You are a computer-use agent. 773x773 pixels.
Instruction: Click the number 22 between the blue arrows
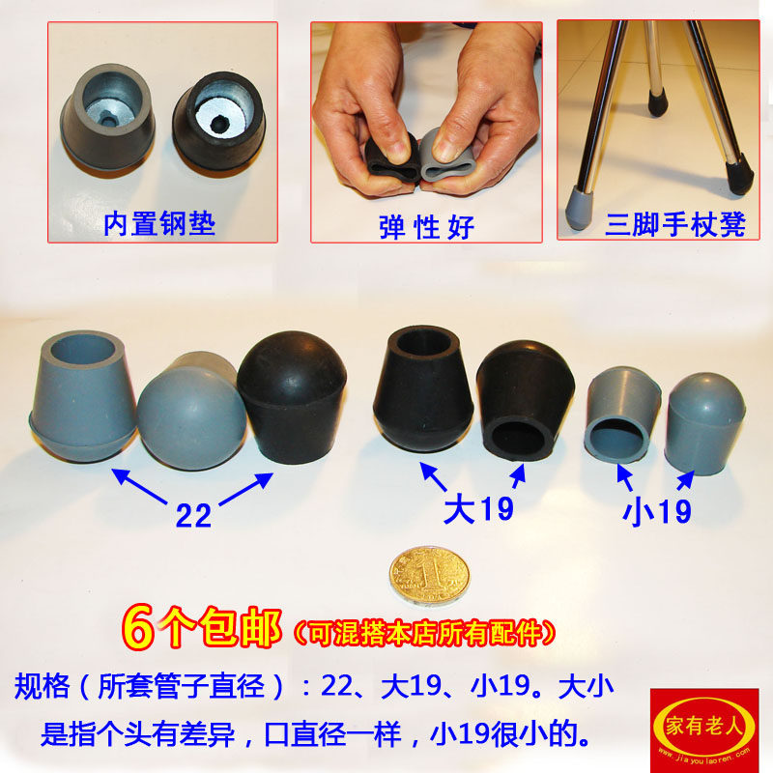coord(194,515)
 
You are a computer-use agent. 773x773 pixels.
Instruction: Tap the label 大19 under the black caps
coord(478,508)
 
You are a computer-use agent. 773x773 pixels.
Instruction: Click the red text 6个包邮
coord(202,628)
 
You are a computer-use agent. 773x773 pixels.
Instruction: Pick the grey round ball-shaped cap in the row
coord(188,414)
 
